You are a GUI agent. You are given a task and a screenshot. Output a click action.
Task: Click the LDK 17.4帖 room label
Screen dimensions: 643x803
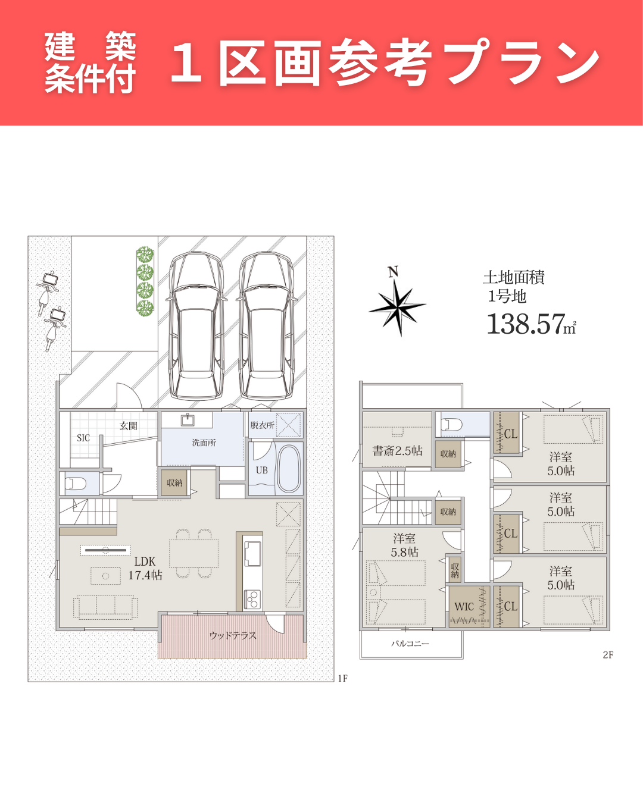point(145,568)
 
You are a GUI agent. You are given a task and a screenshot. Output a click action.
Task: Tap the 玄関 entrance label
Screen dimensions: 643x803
point(128,426)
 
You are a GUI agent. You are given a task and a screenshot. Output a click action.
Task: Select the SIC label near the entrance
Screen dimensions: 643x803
point(83,438)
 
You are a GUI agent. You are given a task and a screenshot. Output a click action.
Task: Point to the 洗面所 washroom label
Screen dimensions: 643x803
point(204,443)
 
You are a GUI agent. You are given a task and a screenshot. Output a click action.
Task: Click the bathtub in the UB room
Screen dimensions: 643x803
point(289,469)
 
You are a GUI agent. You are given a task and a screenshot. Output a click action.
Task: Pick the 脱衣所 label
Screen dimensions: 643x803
point(263,425)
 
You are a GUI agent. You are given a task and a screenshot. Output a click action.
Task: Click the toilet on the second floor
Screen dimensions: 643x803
point(452,425)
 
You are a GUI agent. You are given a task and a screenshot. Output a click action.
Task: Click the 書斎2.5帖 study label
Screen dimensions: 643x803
point(397,451)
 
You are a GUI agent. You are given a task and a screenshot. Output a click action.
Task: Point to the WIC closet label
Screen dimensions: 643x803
point(464,606)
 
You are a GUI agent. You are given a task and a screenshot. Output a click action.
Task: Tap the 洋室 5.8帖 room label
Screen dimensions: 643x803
point(404,545)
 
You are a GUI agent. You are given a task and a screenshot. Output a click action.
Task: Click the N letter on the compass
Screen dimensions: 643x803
point(393,272)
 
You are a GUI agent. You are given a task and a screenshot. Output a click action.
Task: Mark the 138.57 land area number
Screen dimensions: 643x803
point(526,324)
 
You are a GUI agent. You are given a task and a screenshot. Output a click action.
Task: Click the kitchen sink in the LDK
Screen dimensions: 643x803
point(252,553)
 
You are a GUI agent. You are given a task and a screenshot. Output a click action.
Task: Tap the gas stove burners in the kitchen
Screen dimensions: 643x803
point(252,600)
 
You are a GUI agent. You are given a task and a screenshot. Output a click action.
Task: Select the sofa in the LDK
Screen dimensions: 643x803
point(105,607)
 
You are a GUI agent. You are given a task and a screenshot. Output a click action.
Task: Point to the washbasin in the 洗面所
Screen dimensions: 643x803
point(187,420)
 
